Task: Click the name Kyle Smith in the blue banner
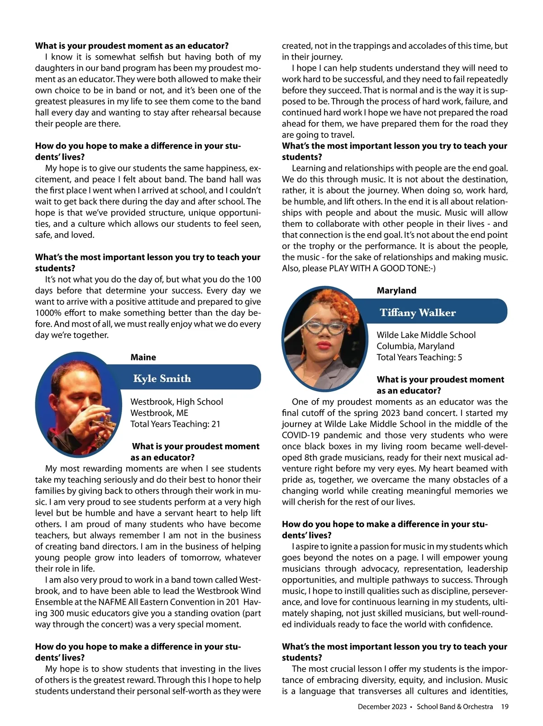[162, 378]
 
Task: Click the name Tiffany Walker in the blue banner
[417, 312]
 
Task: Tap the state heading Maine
[143, 357]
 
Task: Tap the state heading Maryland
[396, 290]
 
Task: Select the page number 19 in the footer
[505, 707]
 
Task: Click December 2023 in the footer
[382, 707]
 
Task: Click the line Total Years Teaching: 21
[175, 424]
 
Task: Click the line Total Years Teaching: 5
[419, 357]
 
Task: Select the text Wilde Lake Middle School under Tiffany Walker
[426, 335]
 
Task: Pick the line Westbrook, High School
[176, 402]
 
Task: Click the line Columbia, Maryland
[415, 346]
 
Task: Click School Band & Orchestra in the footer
[454, 707]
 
